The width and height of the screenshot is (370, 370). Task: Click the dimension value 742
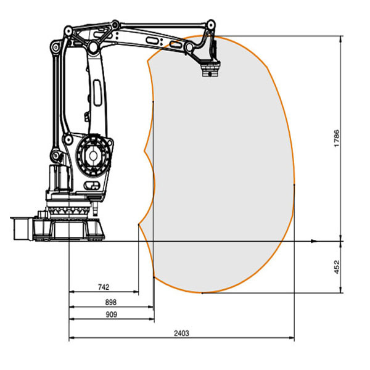coord(104,287)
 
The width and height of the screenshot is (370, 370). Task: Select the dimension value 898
coord(110,302)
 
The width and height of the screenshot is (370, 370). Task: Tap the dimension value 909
coord(112,314)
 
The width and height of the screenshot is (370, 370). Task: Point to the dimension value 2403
coord(181,333)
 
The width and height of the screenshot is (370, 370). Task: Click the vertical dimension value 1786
coord(337,138)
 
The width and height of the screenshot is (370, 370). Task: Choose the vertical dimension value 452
coord(337,267)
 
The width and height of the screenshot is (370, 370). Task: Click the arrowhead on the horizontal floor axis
coord(314,241)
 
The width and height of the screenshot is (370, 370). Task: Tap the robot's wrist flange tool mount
coord(210,69)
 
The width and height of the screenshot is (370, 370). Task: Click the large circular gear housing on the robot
coord(93,155)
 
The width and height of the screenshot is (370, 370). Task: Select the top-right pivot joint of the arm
coord(210,25)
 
